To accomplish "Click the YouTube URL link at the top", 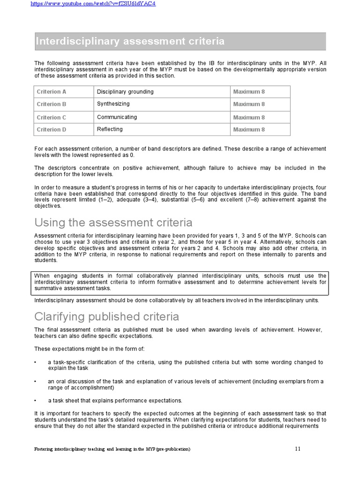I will [x=93, y=4].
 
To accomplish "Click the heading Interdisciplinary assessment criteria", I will [x=130, y=42].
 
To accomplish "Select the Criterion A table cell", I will [x=52, y=92].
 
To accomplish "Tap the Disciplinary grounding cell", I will [x=125, y=92].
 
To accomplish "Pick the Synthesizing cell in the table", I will [x=113, y=104].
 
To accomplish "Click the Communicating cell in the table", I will [x=117, y=117].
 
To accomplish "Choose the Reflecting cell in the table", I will [x=110, y=129].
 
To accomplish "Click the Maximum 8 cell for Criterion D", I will [x=249, y=130].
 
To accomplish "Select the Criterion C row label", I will [x=52, y=118].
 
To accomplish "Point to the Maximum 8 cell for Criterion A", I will [x=249, y=92].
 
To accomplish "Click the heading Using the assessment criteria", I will [x=113, y=222].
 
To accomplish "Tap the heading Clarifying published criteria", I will [x=106, y=316].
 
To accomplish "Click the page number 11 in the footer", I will [x=298, y=449].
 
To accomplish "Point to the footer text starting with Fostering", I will [x=112, y=449].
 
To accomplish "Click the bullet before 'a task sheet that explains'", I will [x=36, y=401].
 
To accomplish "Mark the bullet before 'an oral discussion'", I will [x=36, y=382].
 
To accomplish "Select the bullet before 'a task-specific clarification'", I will [x=36, y=362].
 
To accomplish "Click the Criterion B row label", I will [x=52, y=105].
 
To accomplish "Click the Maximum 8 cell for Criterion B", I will [x=249, y=105].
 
